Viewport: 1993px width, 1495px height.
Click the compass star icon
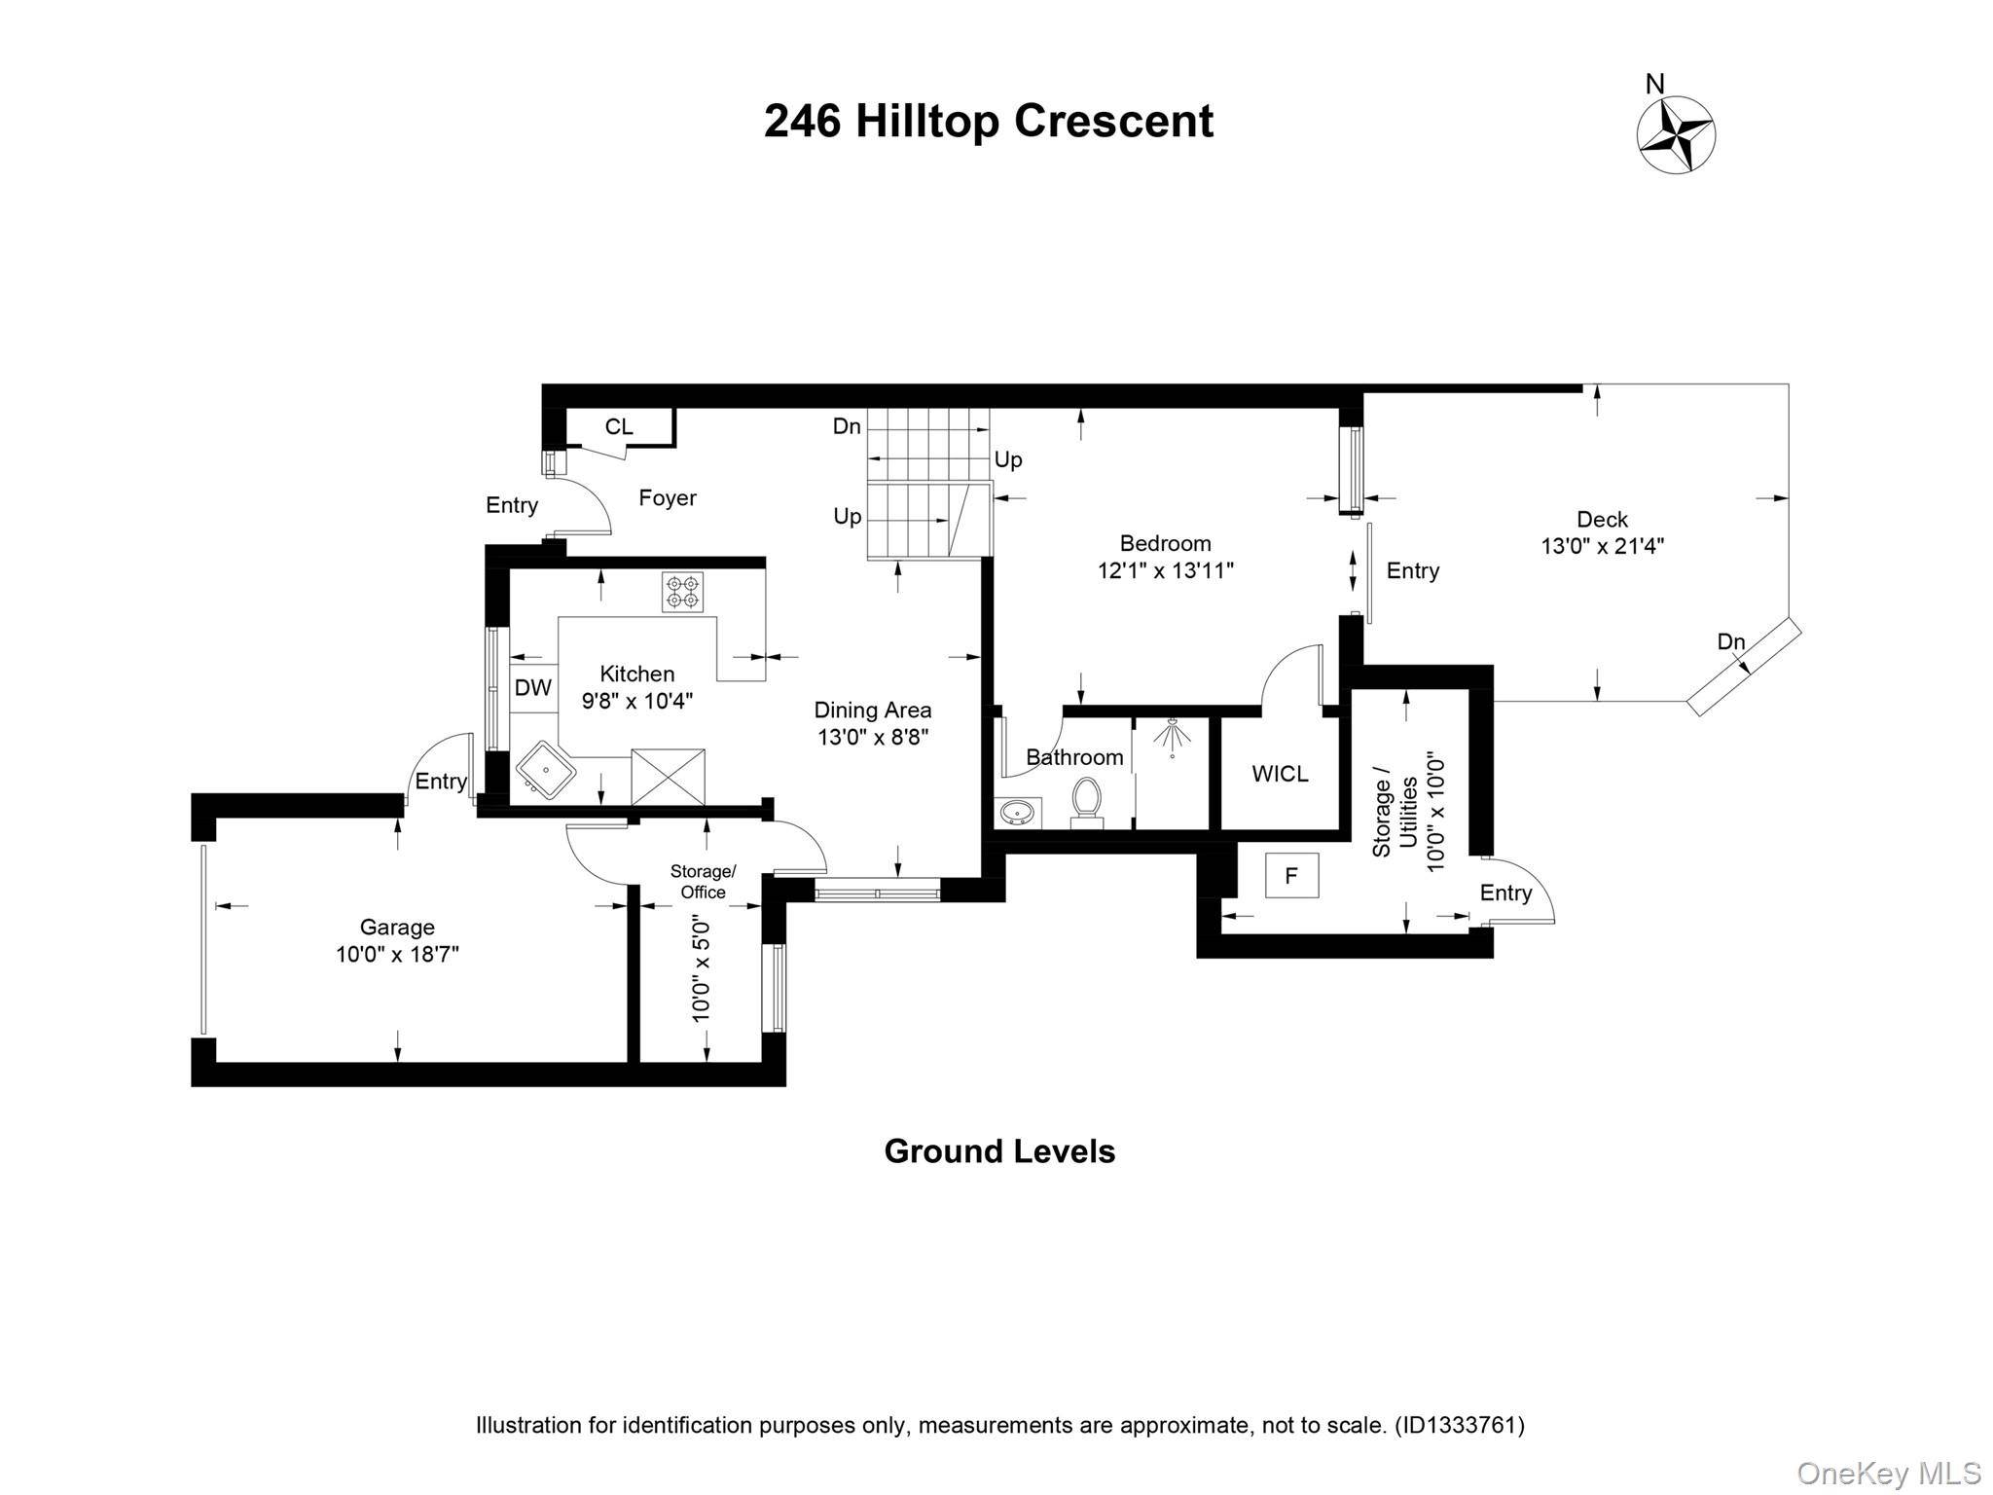[1676, 135]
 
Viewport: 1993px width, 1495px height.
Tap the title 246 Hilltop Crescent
[989, 122]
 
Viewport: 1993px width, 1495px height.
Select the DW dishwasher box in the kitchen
[533, 688]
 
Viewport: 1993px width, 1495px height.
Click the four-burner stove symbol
[682, 592]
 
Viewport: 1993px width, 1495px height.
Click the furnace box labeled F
[1291, 875]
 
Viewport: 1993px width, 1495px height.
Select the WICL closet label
[1280, 774]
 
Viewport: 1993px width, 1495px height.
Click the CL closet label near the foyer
[619, 426]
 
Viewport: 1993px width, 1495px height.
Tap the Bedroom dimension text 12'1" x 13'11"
[1166, 570]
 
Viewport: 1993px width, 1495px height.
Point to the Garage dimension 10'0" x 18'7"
[397, 954]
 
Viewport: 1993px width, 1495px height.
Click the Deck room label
[1602, 520]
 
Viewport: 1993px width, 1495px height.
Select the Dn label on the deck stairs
[1731, 641]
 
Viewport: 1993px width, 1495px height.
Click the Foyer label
[668, 498]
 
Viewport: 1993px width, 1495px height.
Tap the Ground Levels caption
[999, 1151]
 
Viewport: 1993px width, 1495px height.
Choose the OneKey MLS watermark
[1887, 1473]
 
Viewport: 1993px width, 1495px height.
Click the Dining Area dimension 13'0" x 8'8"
[873, 737]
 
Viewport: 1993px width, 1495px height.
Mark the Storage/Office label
[703, 882]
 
